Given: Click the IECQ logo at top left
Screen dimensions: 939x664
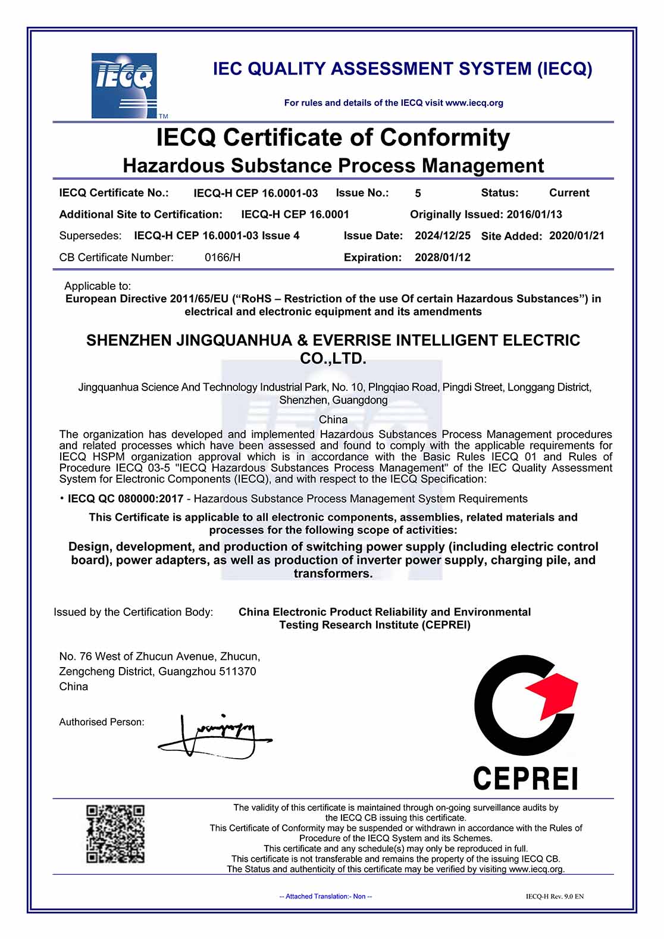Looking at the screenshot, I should tap(124, 86).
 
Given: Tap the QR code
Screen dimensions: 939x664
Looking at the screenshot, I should tap(115, 834).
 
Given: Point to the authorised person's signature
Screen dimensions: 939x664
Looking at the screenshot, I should tap(214, 736).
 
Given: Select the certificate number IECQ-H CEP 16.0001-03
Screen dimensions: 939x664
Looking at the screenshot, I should tap(256, 193).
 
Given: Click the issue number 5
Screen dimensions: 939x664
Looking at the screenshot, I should tap(418, 193).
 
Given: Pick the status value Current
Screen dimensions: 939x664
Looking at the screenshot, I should tap(569, 193).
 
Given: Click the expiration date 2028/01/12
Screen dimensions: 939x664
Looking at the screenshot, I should tap(443, 258).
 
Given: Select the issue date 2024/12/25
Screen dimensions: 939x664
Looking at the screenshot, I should tap(443, 236).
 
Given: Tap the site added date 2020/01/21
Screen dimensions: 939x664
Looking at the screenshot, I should tap(577, 236).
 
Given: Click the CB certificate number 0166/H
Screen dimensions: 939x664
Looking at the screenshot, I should tap(223, 258).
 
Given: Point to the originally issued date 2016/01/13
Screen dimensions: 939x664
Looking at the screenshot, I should tap(534, 214).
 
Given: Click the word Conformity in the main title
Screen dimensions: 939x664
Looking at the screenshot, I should tap(445, 137).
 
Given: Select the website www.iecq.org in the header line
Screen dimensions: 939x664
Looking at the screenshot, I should tap(474, 103).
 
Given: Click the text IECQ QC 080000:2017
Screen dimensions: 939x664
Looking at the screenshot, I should tap(126, 499).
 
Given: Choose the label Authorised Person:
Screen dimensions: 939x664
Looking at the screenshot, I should tap(102, 722).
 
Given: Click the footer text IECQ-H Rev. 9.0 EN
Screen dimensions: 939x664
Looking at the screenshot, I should tap(555, 896).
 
